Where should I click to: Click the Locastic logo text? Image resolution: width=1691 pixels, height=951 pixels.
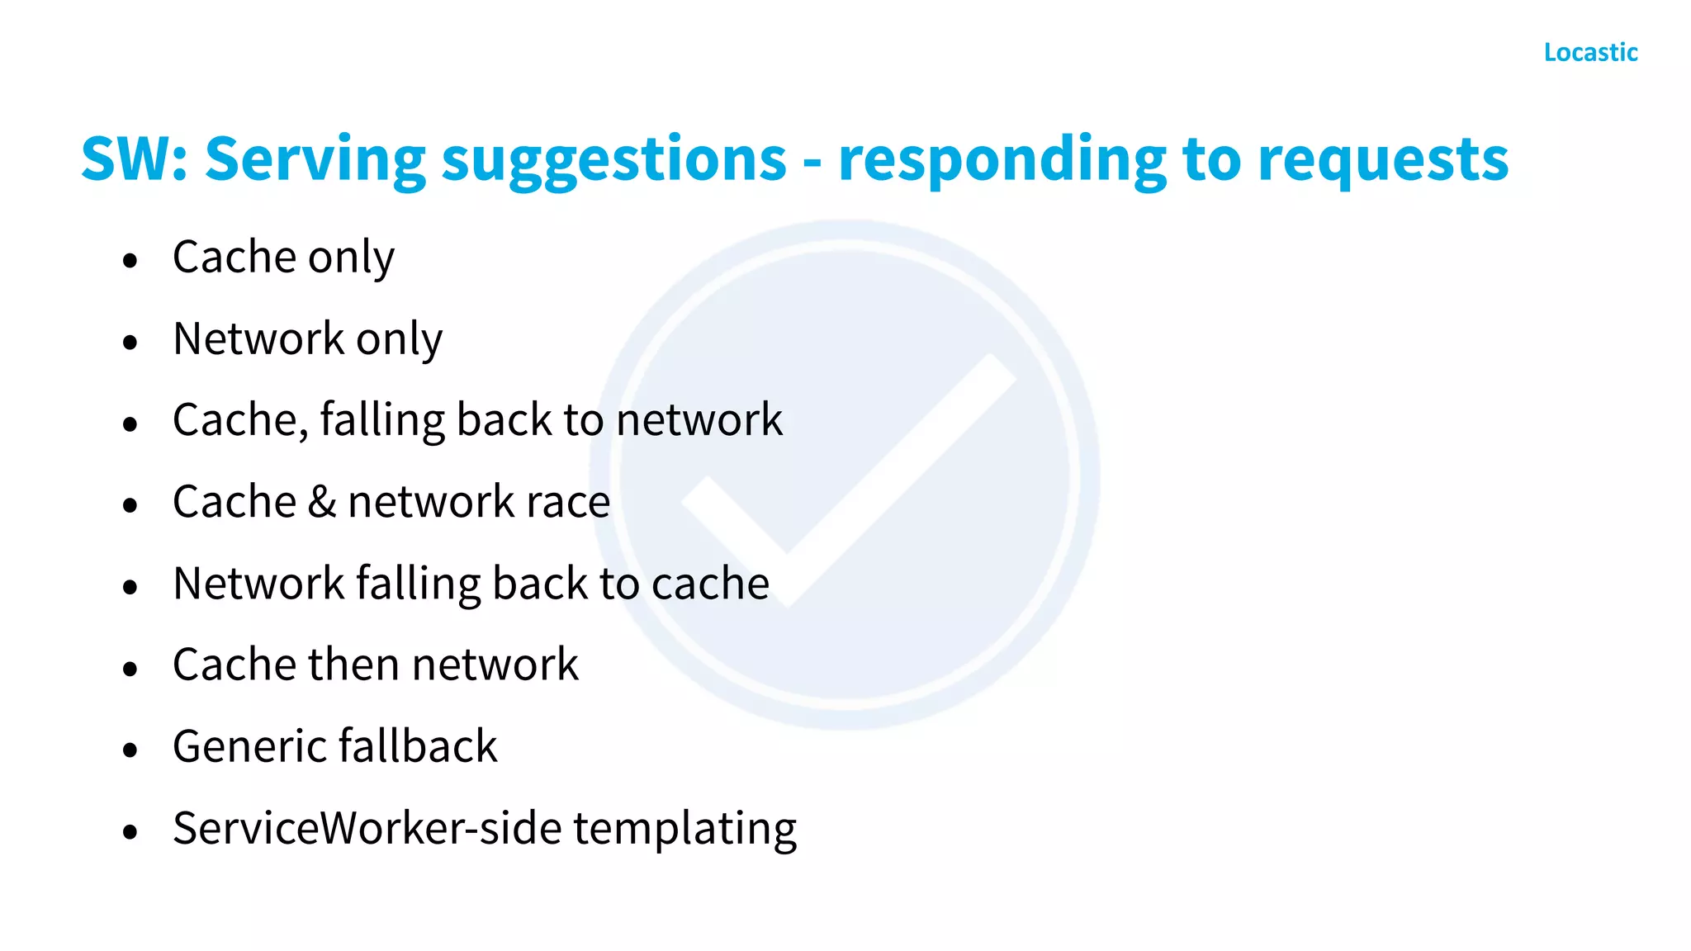1590,52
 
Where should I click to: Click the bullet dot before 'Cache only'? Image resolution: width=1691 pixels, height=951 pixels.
130,261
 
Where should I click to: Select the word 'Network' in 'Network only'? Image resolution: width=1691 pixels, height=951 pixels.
258,338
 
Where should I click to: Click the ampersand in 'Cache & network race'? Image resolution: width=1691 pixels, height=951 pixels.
322,502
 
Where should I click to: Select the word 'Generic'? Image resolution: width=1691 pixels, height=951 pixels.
250,746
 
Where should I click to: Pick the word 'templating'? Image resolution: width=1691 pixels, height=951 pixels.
684,829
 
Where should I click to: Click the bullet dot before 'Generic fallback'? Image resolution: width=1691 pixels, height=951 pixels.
130,750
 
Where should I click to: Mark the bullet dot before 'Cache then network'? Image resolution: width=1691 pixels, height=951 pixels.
130,669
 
